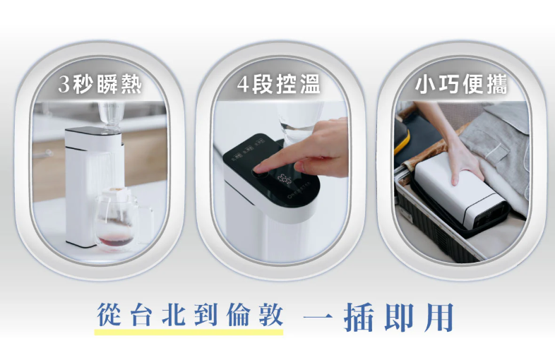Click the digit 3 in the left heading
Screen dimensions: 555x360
[x=64, y=85]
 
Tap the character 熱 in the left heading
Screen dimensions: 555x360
[x=131, y=85]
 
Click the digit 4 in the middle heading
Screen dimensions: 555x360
[x=243, y=85]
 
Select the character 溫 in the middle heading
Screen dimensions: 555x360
[x=310, y=85]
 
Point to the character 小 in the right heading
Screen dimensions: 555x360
[x=426, y=85]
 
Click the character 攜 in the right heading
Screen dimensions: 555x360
[x=496, y=85]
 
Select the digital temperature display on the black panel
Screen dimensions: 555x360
[x=285, y=179]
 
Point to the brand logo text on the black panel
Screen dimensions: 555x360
[x=299, y=189]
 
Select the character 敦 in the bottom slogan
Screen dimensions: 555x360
[x=271, y=315]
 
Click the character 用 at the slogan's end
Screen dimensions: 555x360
[x=439, y=317]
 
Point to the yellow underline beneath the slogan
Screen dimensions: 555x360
[x=189, y=332]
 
